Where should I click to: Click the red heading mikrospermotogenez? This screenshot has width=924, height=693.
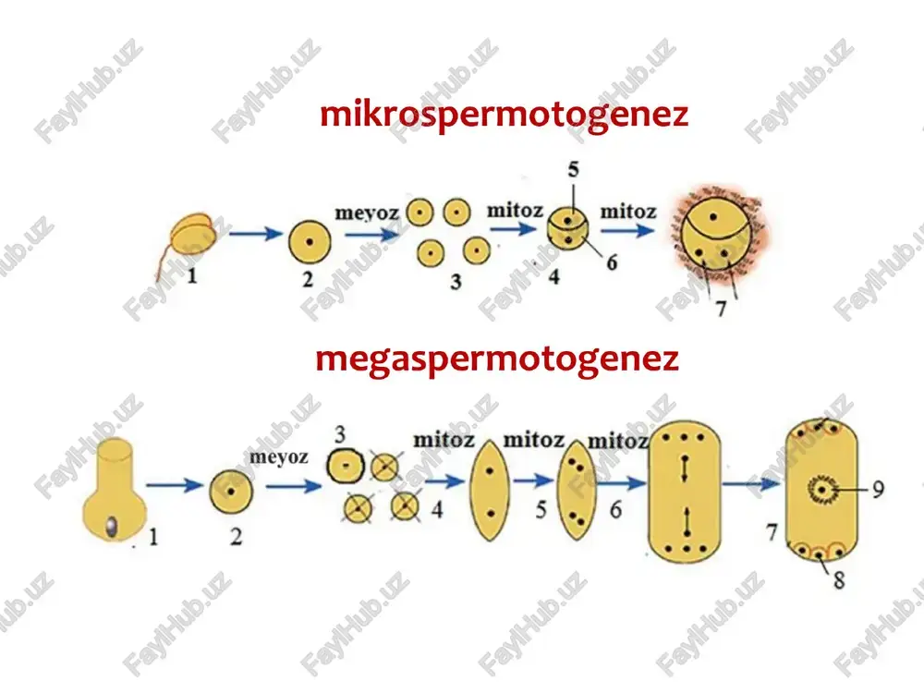pos(504,115)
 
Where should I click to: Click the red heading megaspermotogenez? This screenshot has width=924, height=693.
pos(497,359)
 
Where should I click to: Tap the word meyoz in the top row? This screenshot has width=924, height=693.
pos(367,213)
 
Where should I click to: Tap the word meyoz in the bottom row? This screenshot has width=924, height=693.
pos(279,456)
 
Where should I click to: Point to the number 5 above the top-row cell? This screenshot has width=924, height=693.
pos(574,170)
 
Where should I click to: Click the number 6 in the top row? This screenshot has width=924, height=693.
pos(613,262)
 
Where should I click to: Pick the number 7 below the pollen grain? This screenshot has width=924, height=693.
pos(721,309)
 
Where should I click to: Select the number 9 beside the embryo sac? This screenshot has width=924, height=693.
pos(878,489)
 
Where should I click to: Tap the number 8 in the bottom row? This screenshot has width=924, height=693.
pos(839,580)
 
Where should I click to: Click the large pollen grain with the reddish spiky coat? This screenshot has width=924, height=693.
pos(717,235)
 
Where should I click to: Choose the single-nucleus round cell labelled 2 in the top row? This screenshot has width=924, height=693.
pos(310,241)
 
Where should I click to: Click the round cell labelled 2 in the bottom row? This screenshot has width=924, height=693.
pos(231,492)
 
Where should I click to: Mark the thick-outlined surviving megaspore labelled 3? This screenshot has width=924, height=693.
pos(346,466)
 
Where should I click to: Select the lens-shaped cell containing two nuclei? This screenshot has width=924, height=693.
pos(490,491)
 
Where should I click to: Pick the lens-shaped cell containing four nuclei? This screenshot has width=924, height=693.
pos(577,491)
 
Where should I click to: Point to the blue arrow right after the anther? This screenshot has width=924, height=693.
pos(256,234)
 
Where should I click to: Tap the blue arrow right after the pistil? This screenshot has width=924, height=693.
pos(175,486)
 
